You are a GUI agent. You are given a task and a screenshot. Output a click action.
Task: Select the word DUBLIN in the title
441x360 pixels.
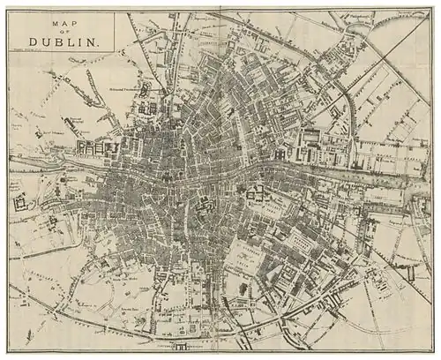click(63, 41)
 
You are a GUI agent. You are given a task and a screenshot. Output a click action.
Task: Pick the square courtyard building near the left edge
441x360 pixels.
click(20, 202)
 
